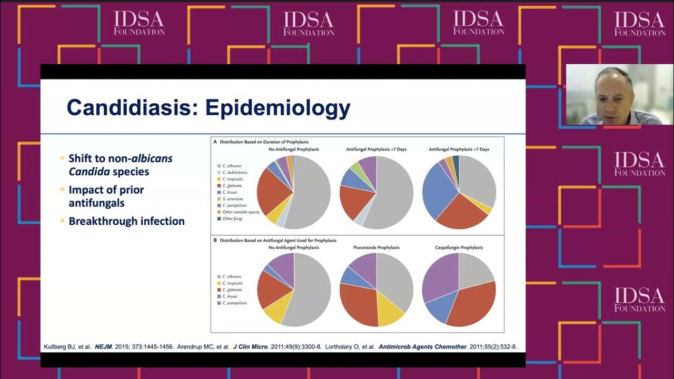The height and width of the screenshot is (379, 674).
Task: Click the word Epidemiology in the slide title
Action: pos(277,107)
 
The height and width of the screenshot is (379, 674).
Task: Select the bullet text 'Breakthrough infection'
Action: pos(126,221)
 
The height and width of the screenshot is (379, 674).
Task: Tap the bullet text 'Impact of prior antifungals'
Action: pos(106,196)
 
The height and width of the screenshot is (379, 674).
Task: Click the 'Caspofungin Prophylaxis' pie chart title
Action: pos(459,247)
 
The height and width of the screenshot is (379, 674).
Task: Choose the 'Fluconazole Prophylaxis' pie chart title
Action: pos(376,247)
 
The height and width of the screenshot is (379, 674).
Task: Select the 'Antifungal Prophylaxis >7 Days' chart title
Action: pos(459,149)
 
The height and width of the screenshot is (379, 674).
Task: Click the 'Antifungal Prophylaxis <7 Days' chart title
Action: pos(376,149)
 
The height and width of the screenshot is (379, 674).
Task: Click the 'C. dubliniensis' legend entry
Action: pos(235,172)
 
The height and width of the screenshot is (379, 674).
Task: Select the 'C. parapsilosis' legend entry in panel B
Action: pos(235,303)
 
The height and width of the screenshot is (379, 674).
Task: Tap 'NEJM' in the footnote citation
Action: pos(104,347)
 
